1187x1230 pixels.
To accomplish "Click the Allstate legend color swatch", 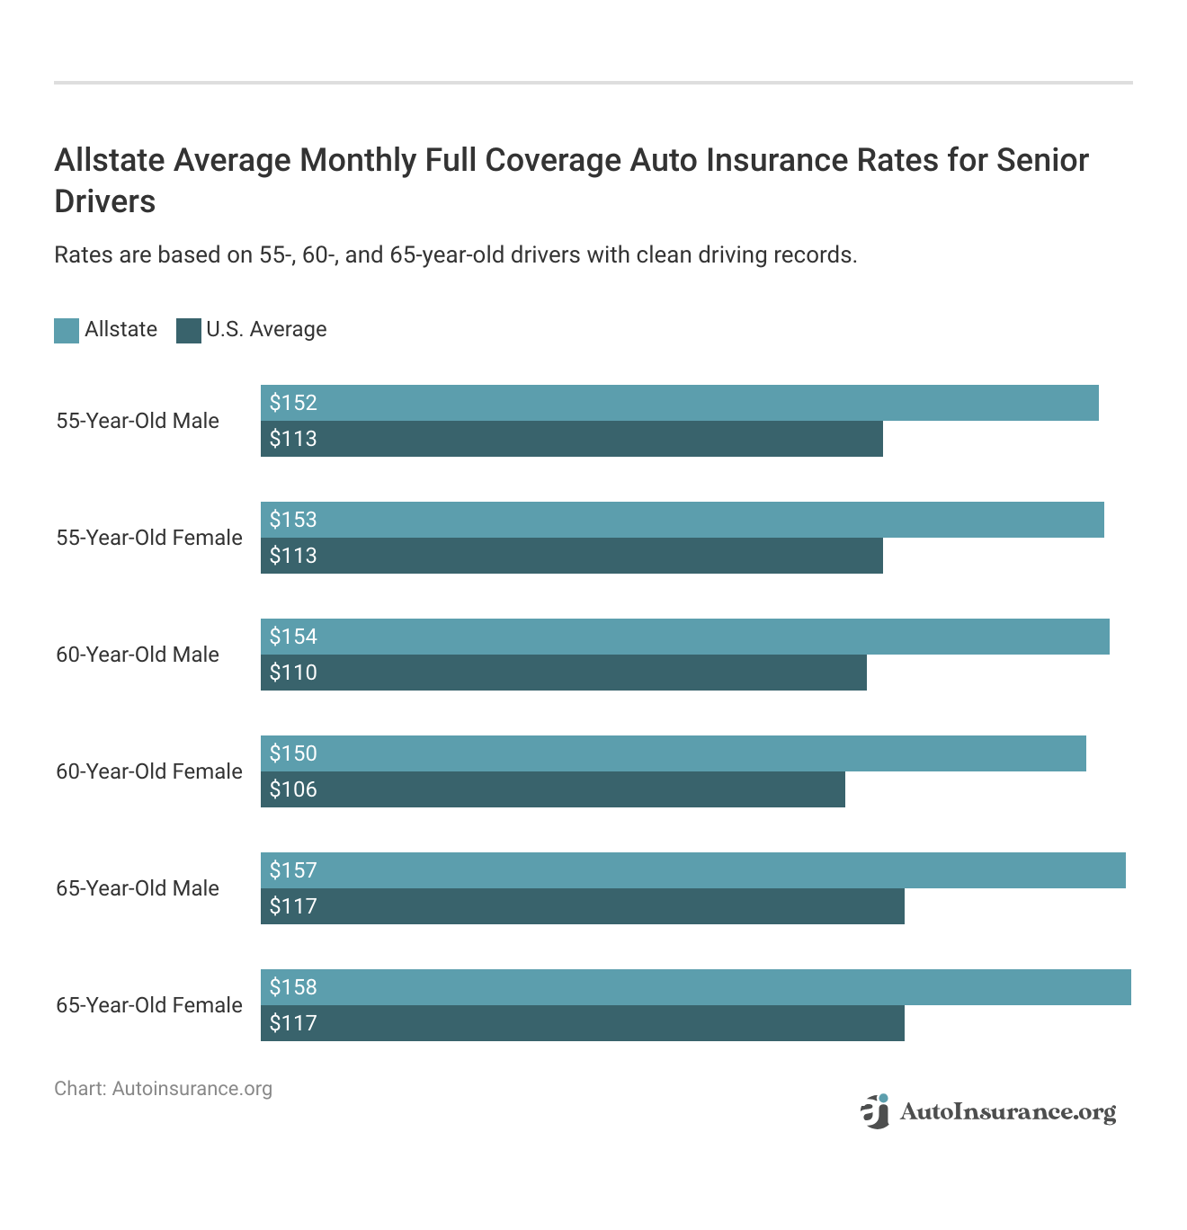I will click(x=67, y=331).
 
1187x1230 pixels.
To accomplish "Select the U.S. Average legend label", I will click(x=266, y=330).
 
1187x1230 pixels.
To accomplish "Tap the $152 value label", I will click(x=293, y=403).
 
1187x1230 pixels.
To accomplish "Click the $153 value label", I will click(x=293, y=520).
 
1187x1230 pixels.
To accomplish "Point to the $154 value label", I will click(x=293, y=637).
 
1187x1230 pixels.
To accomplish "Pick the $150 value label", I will click(x=293, y=753).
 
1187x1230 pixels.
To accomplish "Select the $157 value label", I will click(x=293, y=870).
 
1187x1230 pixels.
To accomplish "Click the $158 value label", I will click(x=293, y=987).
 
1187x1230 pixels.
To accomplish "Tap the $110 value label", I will click(x=293, y=673).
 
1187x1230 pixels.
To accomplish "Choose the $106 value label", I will click(x=293, y=789).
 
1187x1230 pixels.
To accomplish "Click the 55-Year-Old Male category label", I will click(x=138, y=421).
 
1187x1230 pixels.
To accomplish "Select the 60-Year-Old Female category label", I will click(x=149, y=771).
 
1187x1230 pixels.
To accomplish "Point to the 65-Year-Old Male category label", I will click(x=138, y=888).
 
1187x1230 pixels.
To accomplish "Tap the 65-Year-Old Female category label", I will click(x=149, y=1005).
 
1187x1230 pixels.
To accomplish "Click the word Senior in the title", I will click(x=1042, y=160).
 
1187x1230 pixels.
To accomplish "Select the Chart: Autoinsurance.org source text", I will click(x=163, y=1089).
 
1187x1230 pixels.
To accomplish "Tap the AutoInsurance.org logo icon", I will click(x=874, y=1111).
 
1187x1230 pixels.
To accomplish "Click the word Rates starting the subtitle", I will click(x=83, y=255).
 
